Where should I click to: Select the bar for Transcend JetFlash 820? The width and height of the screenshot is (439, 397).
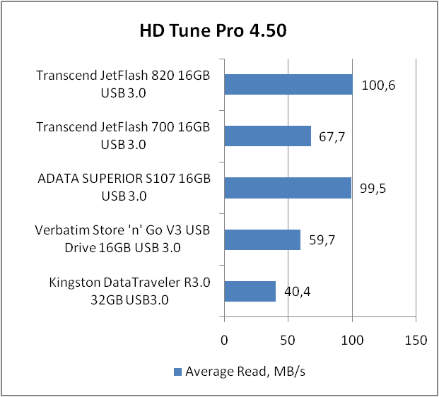click(x=288, y=84)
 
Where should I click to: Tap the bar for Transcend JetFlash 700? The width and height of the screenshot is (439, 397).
click(x=267, y=136)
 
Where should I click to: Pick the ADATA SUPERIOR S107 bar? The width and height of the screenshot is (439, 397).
click(x=287, y=188)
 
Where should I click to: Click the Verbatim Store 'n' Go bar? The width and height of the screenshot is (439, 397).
click(x=262, y=239)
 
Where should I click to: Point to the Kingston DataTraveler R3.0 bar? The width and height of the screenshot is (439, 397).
click(x=250, y=291)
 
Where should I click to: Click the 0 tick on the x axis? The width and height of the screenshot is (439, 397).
click(x=224, y=340)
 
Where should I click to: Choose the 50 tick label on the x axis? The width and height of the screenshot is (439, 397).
click(x=288, y=340)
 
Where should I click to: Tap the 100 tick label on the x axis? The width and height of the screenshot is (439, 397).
click(x=352, y=340)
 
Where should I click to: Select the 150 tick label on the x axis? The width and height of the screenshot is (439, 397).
click(x=416, y=340)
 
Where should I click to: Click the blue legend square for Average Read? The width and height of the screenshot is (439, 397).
click(x=177, y=372)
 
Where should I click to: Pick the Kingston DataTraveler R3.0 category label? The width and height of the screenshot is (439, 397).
click(x=130, y=291)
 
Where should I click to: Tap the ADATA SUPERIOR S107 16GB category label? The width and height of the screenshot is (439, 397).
click(x=124, y=188)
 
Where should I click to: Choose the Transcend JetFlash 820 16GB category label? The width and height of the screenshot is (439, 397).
click(x=124, y=84)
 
